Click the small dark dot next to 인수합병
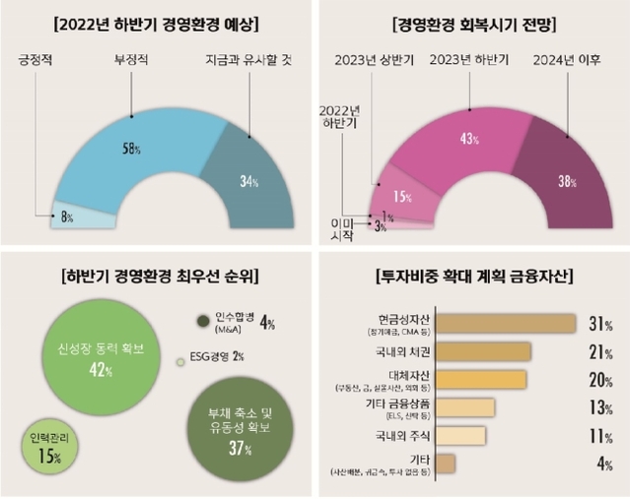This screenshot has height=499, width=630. pos(204,321)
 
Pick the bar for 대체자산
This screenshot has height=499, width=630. pos(480,380)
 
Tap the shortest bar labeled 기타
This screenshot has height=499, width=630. pos(445,464)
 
